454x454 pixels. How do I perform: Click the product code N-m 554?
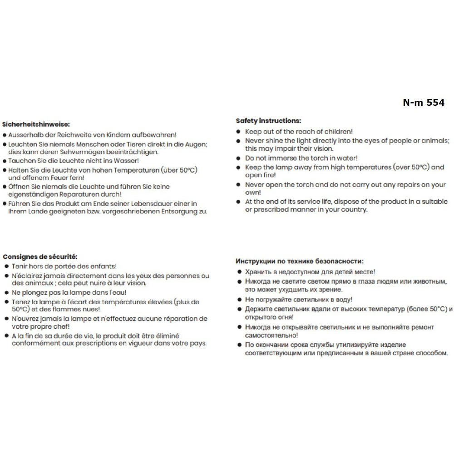coord(424,103)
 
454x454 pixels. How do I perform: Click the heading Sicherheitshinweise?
coord(36,123)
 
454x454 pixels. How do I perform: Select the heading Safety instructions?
coord(268,121)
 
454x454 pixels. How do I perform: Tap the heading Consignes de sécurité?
coord(40,257)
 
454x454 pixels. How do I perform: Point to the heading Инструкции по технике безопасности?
coord(300,261)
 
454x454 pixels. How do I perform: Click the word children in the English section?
coord(336,132)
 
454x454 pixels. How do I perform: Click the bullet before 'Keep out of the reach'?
coord(239,132)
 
